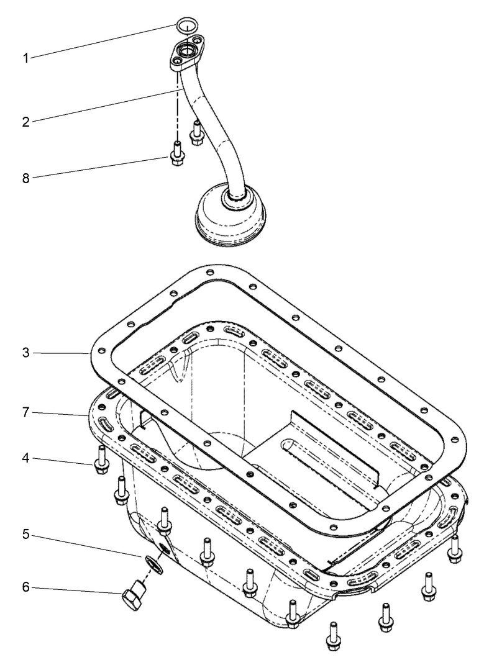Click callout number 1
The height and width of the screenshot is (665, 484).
[26, 58]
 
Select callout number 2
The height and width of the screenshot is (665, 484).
[26, 121]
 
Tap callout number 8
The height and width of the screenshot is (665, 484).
[26, 178]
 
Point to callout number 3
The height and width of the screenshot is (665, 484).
[26, 353]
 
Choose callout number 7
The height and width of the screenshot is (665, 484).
[26, 412]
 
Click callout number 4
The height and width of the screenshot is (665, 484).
[26, 459]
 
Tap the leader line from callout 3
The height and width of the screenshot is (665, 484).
[62, 353]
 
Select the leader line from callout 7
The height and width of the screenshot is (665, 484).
[59, 414]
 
